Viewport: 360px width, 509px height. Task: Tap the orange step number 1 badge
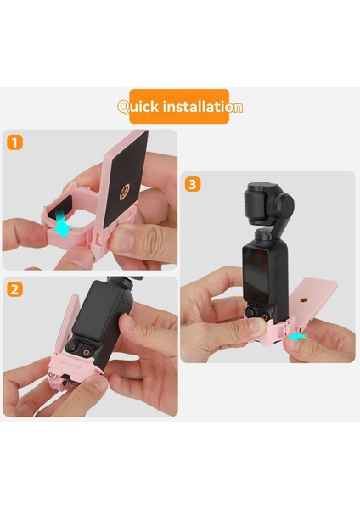(14, 143)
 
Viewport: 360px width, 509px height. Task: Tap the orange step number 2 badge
(14, 289)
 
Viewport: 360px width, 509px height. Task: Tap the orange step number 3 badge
(194, 184)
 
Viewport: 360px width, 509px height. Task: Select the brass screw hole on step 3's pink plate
(305, 301)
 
